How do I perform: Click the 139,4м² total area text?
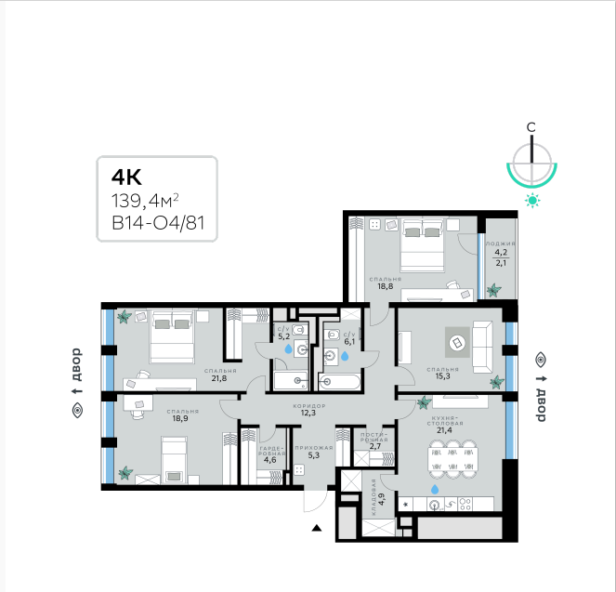coord(145,201)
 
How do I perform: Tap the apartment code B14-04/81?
coord(158,224)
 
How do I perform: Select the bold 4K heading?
coord(126,178)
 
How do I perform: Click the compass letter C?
coord(531,127)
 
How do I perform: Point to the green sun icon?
coord(532,201)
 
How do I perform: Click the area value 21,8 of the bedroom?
coord(219,378)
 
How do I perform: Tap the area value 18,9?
coord(180,419)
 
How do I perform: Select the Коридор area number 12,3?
coord(308,413)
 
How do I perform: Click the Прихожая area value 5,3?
coord(313,455)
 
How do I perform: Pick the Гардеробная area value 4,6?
coord(269,460)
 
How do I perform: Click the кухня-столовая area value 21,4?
coord(444,430)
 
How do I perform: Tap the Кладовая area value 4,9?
coord(382,499)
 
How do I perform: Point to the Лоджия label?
coord(501,243)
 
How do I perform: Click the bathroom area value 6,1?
coord(349,342)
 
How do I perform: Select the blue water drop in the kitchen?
coord(435,489)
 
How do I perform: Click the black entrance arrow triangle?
coord(317,528)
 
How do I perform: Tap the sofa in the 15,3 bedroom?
coord(482,347)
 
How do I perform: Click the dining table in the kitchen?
coord(453,459)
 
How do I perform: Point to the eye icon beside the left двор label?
coord(77,411)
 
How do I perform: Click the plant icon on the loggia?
coord(493,290)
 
